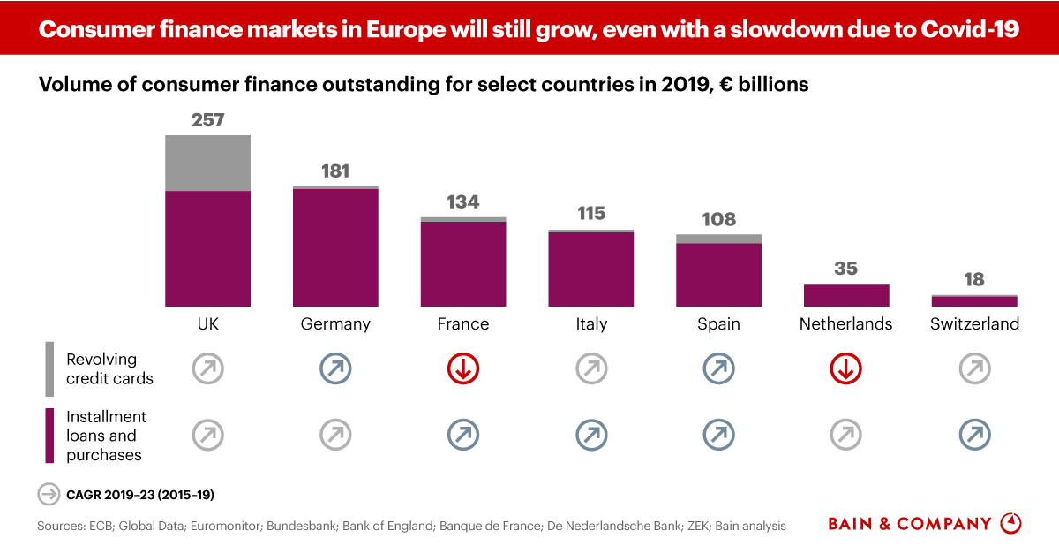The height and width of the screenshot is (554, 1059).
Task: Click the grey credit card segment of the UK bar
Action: coord(208,163)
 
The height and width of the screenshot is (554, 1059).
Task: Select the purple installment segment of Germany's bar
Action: coord(335,247)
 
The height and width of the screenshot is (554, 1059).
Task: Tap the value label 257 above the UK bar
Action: coord(208,119)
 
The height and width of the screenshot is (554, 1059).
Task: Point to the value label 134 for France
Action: coord(463,202)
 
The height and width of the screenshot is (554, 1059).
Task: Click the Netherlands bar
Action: coord(846,295)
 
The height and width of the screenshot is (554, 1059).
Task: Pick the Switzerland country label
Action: coord(974,324)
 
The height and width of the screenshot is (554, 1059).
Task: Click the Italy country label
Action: coord(591,324)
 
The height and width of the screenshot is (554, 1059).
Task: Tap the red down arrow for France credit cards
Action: coord(463,369)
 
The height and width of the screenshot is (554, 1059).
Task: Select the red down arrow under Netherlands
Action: coord(846,369)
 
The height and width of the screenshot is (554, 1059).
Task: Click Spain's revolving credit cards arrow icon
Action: coord(718,369)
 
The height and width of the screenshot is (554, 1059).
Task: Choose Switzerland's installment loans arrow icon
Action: coord(974,434)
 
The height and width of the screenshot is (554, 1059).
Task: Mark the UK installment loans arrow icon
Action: coord(208,434)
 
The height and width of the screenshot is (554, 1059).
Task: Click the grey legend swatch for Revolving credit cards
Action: coord(49,368)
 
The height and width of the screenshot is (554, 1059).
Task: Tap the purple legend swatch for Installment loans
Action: coord(49,436)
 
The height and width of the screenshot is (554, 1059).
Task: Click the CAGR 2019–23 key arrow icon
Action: coord(48,494)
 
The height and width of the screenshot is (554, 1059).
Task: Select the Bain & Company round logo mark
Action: coord(1010,523)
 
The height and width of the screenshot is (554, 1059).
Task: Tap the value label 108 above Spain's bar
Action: coord(718,219)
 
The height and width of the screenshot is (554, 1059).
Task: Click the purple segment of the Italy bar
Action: coord(591,269)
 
